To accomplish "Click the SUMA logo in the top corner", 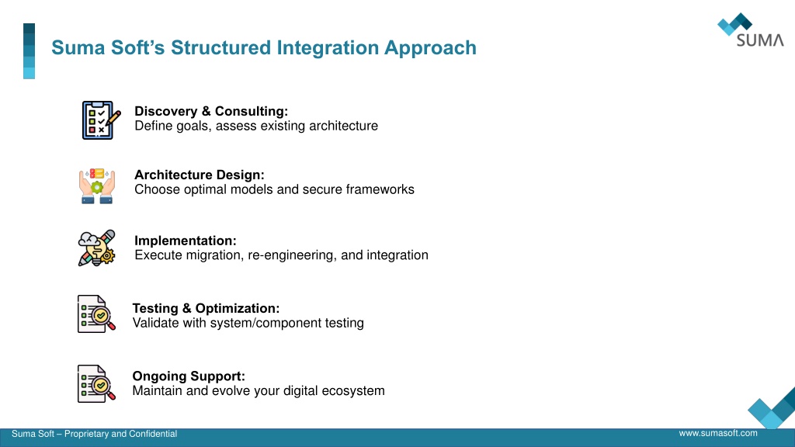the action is point(751,30).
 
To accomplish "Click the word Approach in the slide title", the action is point(430,48).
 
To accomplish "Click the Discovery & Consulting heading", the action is point(211,112).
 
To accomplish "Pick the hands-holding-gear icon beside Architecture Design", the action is point(97,186).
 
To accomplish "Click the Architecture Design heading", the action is point(200,175).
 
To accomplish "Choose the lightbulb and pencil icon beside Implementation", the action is point(97,248).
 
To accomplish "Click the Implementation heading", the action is point(185,241).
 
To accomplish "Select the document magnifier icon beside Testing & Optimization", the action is point(96,314).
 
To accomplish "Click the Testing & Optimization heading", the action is point(206,308).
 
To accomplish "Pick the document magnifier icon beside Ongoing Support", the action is point(96,383).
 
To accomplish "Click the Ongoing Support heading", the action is point(189,376).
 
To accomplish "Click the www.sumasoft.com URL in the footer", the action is point(718,433).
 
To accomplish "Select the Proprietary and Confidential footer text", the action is point(120,434).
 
